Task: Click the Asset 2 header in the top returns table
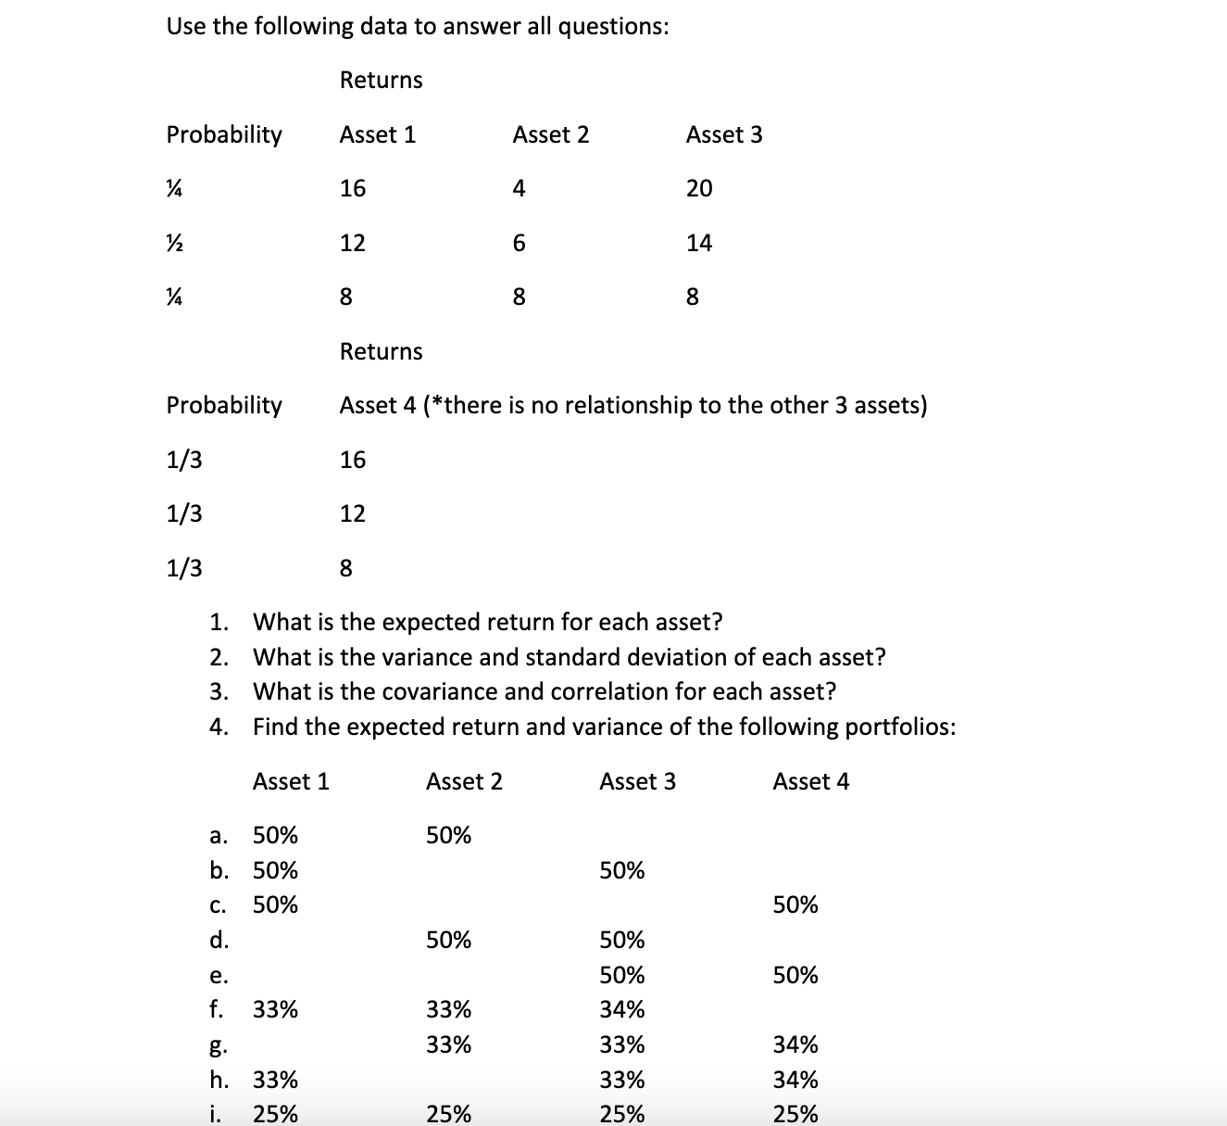[x=550, y=135]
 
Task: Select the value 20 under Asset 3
[x=699, y=189]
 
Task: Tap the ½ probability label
[x=173, y=243]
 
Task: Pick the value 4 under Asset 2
[x=519, y=189]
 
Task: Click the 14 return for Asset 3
[x=699, y=244]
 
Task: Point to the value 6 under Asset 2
[x=519, y=244]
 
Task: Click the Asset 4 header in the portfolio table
[x=810, y=782]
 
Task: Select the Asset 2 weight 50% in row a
[x=448, y=836]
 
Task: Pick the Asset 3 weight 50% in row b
[x=621, y=871]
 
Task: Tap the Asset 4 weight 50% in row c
[x=795, y=905]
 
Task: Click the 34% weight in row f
[x=621, y=1009]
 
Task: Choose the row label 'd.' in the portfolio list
[x=219, y=941]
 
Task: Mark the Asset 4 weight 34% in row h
[x=795, y=1081]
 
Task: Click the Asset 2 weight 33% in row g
[x=448, y=1045]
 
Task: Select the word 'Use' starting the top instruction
[x=186, y=27]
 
